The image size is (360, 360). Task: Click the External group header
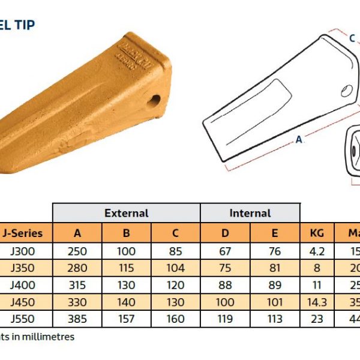[127, 213]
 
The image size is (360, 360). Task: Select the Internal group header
[250, 213]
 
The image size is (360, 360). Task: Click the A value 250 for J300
[77, 251]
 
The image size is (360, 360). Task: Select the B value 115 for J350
[127, 268]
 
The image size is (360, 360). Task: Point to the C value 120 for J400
[175, 284]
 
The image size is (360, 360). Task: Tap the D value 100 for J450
[225, 302]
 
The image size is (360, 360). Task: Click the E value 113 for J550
[274, 319]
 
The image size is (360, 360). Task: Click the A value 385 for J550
[77, 319]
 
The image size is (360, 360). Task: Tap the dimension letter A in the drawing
[298, 139]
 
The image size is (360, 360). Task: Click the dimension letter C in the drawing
[352, 38]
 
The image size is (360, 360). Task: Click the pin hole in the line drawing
[347, 91]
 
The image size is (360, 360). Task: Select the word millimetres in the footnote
[49, 337]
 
